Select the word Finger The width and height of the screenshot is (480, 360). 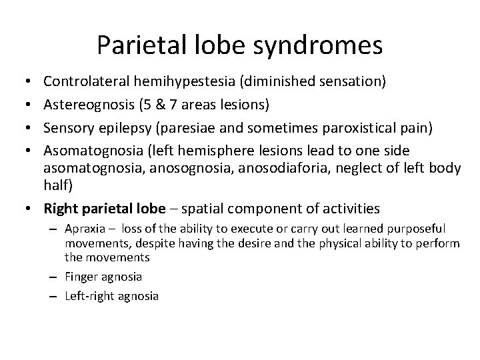(79, 275)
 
